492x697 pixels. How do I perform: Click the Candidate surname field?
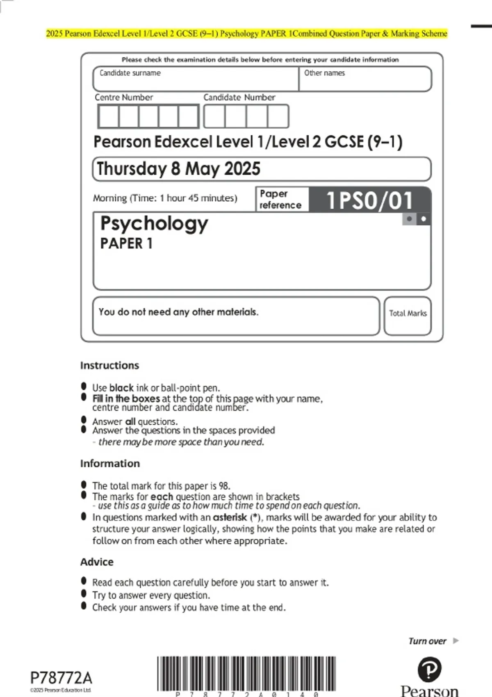[196, 79]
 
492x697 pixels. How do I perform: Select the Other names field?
[365, 79]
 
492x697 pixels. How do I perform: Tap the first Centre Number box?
[108, 116]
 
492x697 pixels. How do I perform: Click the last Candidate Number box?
[278, 116]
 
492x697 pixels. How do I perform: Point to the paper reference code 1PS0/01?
[369, 200]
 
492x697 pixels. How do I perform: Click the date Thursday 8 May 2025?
[179, 169]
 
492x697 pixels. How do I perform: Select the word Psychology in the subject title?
[154, 224]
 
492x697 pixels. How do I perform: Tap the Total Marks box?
[408, 316]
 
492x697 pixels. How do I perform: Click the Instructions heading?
[109, 365]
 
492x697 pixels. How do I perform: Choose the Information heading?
[110, 463]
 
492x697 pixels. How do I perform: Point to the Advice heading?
[97, 562]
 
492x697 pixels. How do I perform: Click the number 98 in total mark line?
[224, 486]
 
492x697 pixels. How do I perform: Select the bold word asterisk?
[230, 517]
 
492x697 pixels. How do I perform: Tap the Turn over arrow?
[456, 641]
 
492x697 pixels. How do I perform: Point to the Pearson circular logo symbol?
[429, 670]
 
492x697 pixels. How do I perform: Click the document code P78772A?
[61, 678]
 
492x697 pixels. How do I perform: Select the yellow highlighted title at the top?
[246, 34]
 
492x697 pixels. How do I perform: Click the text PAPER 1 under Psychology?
[126, 244]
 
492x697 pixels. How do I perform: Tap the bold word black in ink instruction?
[121, 388]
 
